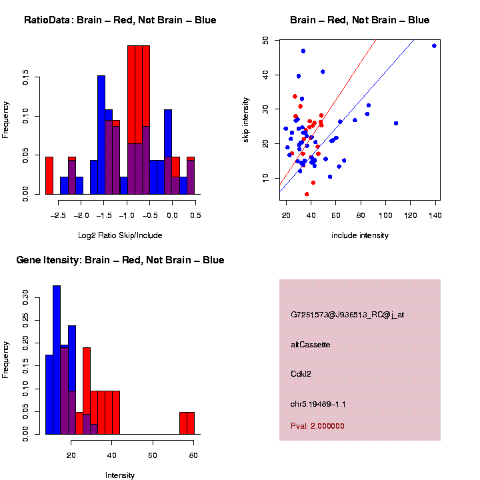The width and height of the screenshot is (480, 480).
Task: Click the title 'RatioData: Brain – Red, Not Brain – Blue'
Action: (x=120, y=20)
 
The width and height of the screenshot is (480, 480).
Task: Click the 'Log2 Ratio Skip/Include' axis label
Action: (x=120, y=235)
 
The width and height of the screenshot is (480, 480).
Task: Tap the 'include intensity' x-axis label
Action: (x=360, y=235)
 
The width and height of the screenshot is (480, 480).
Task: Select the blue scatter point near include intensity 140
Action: (x=434, y=46)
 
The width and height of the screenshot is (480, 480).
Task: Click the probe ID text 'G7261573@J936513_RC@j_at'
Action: (x=347, y=314)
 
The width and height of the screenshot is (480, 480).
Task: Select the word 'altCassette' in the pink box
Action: (x=311, y=345)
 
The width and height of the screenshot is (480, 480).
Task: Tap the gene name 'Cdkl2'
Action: (x=301, y=374)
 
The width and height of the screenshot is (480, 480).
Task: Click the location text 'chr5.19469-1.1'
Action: (x=318, y=404)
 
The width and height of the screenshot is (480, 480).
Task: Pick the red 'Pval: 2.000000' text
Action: (x=318, y=425)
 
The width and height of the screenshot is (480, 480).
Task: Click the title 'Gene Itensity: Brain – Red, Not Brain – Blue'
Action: (x=120, y=260)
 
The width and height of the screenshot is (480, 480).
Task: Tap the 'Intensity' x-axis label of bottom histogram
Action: (x=120, y=475)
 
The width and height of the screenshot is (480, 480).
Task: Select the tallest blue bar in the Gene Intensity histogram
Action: (x=57, y=360)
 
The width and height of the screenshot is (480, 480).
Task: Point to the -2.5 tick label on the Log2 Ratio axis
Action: (x=59, y=215)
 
